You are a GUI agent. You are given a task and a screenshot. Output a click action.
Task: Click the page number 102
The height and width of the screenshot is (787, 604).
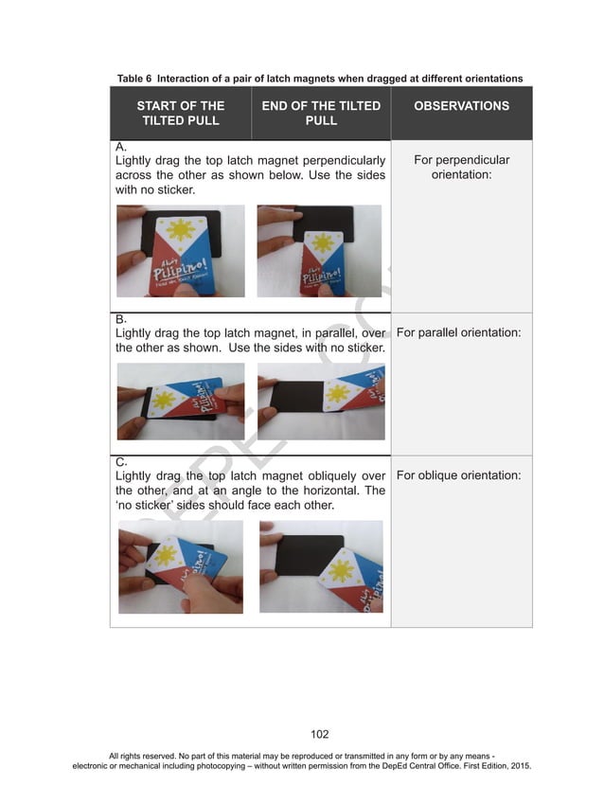[320, 733]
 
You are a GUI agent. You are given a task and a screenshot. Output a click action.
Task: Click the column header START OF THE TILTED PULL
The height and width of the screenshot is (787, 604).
[181, 113]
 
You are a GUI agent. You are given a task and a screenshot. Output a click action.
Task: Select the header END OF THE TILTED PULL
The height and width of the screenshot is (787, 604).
[321, 113]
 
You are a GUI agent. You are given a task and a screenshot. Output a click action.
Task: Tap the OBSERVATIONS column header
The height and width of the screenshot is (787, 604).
[461, 106]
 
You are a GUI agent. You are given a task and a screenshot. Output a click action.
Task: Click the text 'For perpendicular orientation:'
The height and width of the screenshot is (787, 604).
[461, 168]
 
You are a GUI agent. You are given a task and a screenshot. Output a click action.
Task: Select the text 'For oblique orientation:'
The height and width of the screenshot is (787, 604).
[458, 474]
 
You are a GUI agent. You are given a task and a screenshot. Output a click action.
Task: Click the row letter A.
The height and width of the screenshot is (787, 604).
[120, 148]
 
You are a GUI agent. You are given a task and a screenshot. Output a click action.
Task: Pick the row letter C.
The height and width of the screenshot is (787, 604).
[120, 462]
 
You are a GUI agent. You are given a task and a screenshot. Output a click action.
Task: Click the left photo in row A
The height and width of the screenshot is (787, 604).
[180, 251]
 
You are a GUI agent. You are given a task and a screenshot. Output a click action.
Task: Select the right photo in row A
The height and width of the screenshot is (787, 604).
[319, 251]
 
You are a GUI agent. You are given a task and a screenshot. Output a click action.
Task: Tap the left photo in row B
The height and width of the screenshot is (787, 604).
[180, 401]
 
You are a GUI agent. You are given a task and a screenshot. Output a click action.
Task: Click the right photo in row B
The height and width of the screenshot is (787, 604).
[321, 401]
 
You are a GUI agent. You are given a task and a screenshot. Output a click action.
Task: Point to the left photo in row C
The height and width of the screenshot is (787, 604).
[180, 566]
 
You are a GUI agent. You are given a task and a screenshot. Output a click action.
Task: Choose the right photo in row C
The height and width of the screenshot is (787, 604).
[321, 566]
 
